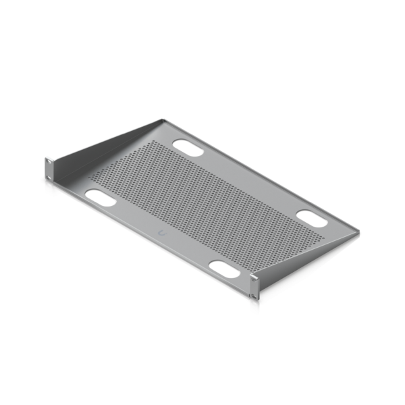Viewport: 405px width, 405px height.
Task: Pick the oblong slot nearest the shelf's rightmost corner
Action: tap(313, 218)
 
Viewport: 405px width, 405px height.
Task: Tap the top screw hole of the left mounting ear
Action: tap(49, 161)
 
